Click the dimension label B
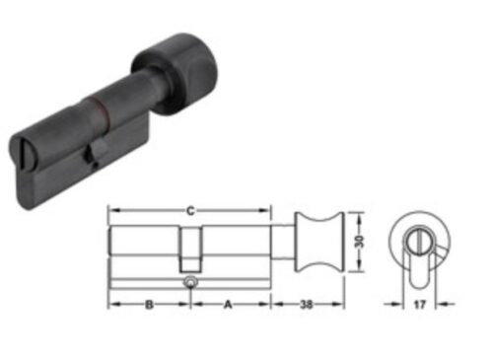(147, 306)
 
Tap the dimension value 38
(308, 306)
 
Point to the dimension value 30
(362, 243)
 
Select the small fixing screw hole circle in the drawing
(188, 283)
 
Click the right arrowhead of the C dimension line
(267, 210)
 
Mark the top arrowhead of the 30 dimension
(353, 212)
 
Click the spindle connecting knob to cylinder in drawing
(283, 243)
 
